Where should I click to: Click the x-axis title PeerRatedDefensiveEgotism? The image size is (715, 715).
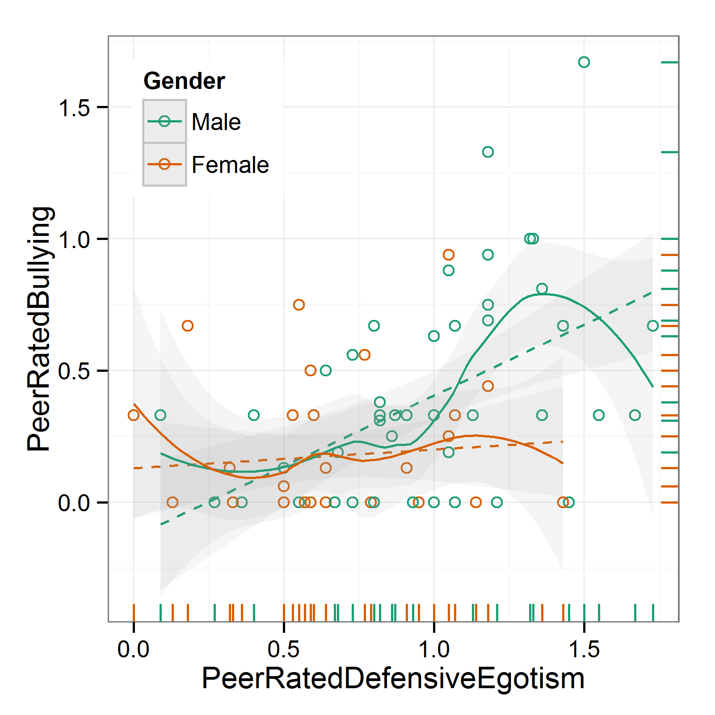click(x=393, y=678)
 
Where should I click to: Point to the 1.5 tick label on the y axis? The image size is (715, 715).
click(x=74, y=108)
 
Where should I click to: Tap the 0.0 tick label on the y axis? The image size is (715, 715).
click(x=74, y=503)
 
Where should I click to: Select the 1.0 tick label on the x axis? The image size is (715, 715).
click(x=434, y=649)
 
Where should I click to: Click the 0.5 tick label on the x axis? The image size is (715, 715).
click(x=284, y=649)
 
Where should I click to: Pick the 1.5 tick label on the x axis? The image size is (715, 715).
click(x=584, y=649)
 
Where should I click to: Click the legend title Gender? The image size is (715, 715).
click(x=184, y=81)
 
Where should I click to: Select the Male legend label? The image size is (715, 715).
click(x=216, y=122)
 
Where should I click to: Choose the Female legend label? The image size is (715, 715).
click(x=230, y=165)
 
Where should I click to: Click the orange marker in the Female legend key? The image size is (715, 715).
click(x=164, y=164)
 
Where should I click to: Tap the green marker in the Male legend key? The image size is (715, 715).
click(x=164, y=122)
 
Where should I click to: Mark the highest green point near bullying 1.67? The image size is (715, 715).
click(x=584, y=62)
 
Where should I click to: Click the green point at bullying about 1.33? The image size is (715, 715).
click(x=488, y=152)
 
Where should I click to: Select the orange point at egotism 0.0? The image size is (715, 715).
click(x=134, y=415)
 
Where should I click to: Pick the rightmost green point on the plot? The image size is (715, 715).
click(x=653, y=326)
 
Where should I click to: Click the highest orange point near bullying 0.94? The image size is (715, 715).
click(x=449, y=255)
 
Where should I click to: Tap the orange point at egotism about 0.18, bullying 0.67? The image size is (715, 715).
click(x=188, y=326)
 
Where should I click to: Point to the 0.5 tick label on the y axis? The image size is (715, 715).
click(x=74, y=371)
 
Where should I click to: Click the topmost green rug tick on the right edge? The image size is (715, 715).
click(x=669, y=63)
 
